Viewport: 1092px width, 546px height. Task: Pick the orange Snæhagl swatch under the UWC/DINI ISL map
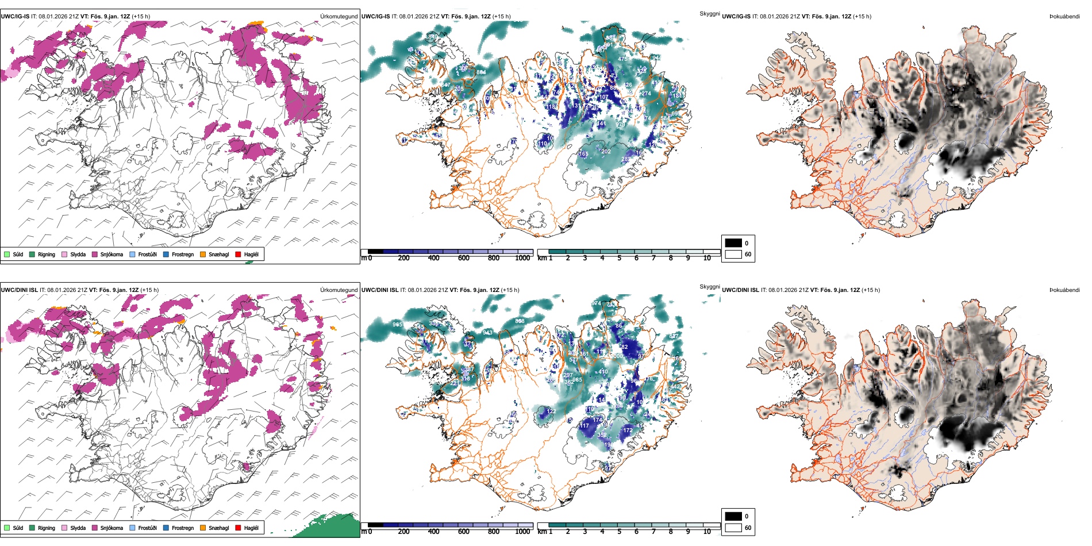(x=203, y=528)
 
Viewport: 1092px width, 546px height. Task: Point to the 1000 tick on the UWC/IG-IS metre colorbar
(x=522, y=258)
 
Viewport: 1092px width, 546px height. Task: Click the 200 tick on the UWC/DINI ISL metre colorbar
(x=403, y=532)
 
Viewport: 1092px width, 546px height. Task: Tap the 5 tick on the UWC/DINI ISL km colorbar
(x=619, y=532)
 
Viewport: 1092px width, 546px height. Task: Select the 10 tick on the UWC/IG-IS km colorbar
(x=707, y=258)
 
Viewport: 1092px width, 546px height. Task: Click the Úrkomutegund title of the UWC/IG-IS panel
(x=339, y=17)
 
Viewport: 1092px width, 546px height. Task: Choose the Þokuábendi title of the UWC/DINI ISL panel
(x=1064, y=290)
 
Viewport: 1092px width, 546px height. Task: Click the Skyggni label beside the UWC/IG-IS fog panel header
(x=709, y=13)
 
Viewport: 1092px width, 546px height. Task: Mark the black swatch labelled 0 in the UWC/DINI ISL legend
(x=733, y=516)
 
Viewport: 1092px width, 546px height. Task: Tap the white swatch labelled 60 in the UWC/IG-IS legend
(x=733, y=254)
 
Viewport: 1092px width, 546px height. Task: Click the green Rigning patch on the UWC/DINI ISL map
(x=330, y=526)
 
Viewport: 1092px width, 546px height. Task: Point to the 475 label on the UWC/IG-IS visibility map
(x=622, y=59)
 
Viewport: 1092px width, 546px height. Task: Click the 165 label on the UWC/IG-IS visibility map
(x=583, y=154)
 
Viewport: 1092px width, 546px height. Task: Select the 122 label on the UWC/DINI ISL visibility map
(x=551, y=412)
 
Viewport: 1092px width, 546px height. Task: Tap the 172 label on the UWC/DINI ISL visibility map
(x=628, y=430)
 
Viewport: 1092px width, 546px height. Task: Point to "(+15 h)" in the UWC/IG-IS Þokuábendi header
(x=863, y=17)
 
